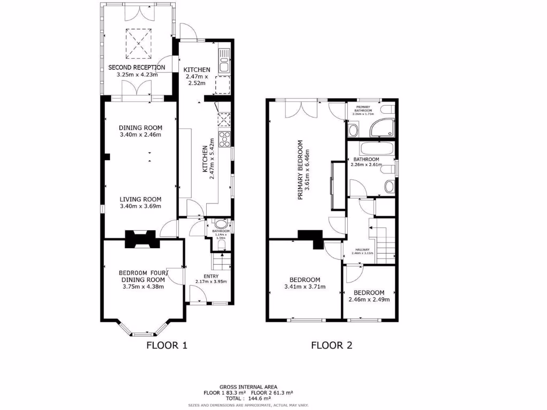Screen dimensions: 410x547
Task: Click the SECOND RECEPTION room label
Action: tap(137, 67)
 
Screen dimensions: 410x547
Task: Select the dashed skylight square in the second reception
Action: tap(138, 43)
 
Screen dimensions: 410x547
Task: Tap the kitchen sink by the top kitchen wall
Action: tap(224, 60)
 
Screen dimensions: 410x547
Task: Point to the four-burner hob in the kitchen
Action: tap(225, 139)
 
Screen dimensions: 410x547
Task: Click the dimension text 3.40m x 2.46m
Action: tap(140, 135)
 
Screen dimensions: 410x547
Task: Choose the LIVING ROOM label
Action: tap(140, 199)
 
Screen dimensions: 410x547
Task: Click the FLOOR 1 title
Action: tap(167, 345)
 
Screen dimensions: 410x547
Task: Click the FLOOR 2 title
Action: tap(332, 345)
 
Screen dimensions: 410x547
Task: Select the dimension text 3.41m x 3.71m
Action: tap(304, 287)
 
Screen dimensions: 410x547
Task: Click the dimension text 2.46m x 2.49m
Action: tap(369, 299)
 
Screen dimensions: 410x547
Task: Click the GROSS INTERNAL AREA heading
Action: tap(251, 387)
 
